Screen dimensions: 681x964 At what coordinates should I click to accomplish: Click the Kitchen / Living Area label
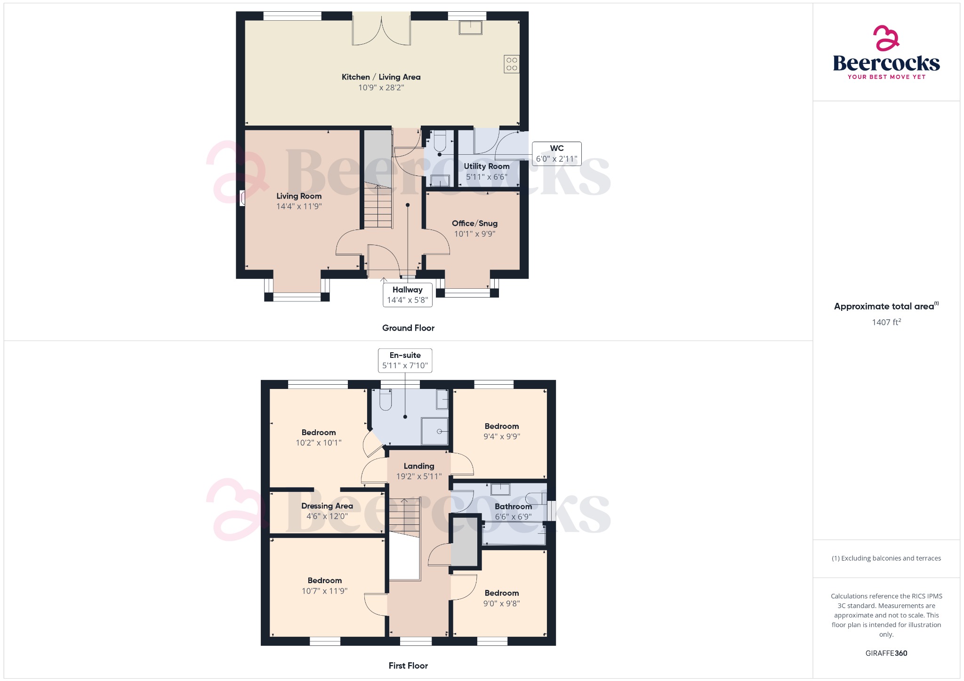[x=381, y=77]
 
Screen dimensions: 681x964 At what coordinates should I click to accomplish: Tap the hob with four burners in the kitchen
[x=512, y=64]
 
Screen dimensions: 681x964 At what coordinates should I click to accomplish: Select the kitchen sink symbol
[x=470, y=27]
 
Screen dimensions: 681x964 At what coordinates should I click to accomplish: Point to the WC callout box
[x=556, y=154]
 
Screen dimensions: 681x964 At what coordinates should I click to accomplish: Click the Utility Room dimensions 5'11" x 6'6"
[x=487, y=177]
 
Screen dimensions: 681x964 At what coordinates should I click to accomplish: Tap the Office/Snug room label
[x=474, y=223]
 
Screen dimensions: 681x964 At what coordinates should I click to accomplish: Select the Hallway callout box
[x=408, y=295]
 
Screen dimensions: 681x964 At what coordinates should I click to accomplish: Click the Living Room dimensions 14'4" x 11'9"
[x=299, y=206]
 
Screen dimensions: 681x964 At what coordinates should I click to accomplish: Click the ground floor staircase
[x=378, y=207]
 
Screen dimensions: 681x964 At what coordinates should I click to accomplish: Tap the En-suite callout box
[x=405, y=361]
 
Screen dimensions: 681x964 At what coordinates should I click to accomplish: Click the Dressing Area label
[x=327, y=506]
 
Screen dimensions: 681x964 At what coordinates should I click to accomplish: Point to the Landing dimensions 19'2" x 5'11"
[x=418, y=476]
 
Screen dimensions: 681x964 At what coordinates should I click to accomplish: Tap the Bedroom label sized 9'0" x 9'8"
[x=502, y=593]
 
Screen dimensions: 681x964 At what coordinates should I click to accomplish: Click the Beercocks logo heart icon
[x=886, y=39]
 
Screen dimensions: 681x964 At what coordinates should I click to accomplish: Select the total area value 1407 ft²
[x=886, y=322]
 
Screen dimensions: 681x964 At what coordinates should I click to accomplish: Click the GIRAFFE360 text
[x=886, y=653]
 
